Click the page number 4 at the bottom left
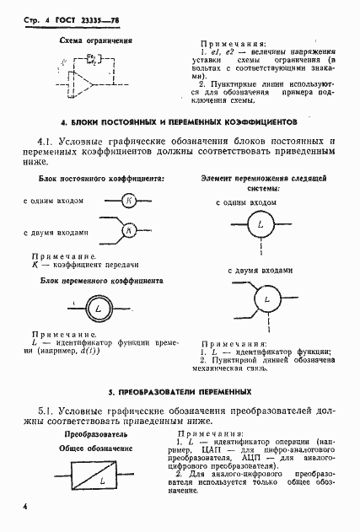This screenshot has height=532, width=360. click(26, 506)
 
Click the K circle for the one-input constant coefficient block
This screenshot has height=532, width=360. click(128, 201)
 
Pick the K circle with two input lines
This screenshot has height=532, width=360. click(128, 229)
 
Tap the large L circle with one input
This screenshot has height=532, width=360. click(261, 225)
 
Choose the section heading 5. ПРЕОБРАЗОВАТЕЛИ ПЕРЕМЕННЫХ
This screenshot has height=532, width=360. click(180, 392)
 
